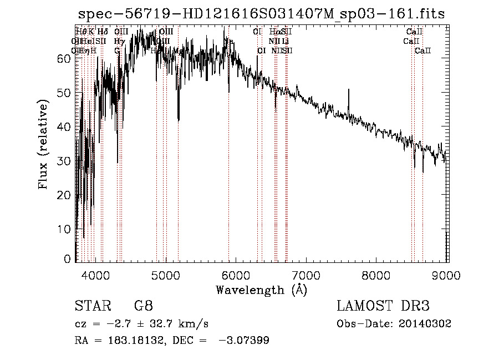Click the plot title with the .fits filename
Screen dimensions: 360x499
tap(261, 14)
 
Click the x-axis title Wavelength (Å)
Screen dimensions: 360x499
tap(261, 290)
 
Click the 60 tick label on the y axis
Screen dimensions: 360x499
tap(64, 58)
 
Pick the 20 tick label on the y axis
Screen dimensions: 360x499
tap(64, 195)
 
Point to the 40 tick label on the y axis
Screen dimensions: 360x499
tap(64, 126)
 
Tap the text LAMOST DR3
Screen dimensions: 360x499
tap(383, 306)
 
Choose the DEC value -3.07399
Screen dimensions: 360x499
tap(245, 341)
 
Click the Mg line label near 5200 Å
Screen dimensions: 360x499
tap(178, 50)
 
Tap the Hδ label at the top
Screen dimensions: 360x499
tap(103, 32)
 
